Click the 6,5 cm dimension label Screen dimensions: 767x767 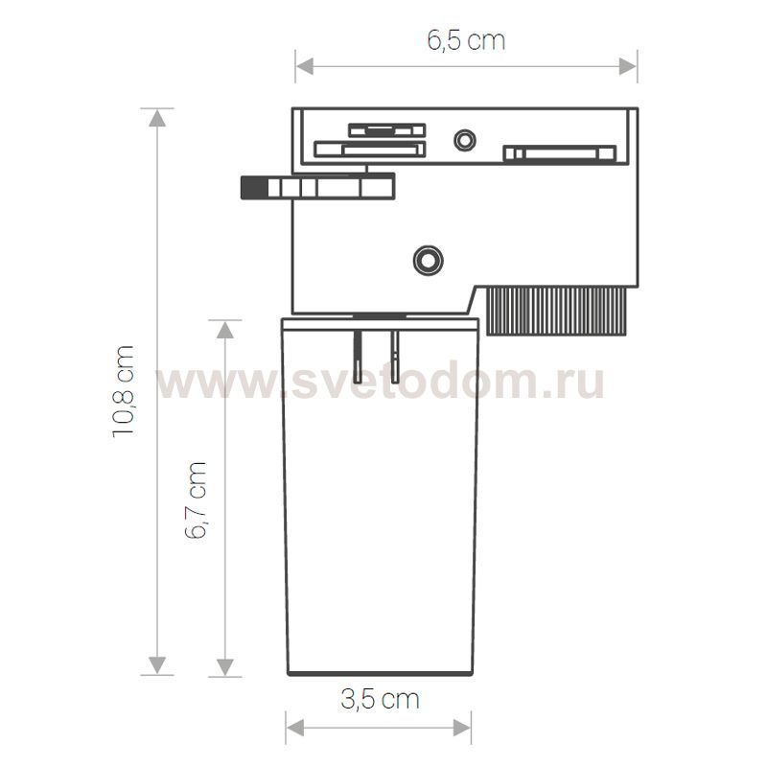(465, 41)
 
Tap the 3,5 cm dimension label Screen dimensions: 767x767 (380, 699)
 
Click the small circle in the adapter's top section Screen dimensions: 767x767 (465, 140)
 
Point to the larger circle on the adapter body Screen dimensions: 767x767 (426, 258)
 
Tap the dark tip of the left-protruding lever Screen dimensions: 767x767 (253, 187)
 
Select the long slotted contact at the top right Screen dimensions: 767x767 (559, 152)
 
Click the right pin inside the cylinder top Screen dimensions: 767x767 (395, 354)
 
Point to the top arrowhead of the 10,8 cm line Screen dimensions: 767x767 (156, 117)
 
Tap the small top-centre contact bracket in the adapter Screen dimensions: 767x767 (386, 129)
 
